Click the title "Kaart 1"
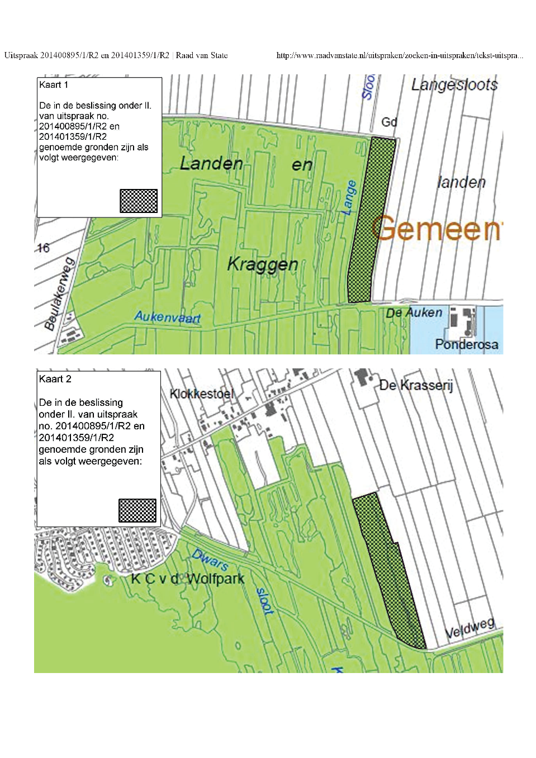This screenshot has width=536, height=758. coord(54,85)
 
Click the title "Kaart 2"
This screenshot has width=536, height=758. coord(55,379)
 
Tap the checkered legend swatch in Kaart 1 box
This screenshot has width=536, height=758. coord(139,201)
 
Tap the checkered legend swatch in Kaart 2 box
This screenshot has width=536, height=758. coord(137,510)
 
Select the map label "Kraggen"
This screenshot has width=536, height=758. coord(263,264)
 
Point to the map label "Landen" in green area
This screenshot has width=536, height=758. coord(211,164)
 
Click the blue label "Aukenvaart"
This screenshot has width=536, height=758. coord(167,317)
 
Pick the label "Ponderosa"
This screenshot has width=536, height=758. coord(466,344)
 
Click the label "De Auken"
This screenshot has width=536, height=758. coord(414,312)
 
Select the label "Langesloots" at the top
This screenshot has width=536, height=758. coord(454,85)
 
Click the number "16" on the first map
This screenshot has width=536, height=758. coord(43,248)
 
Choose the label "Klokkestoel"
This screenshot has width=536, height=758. coord(201,394)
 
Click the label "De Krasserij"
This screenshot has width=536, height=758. coord(416,385)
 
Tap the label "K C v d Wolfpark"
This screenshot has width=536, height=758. coord(187,579)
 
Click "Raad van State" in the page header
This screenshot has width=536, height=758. coord(202,55)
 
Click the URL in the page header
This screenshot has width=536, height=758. coord(400,55)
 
